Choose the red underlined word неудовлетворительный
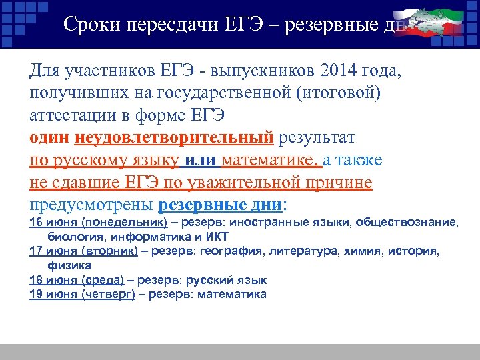pos(175,137)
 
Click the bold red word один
pos(51,137)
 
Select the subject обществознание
pos(407,222)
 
